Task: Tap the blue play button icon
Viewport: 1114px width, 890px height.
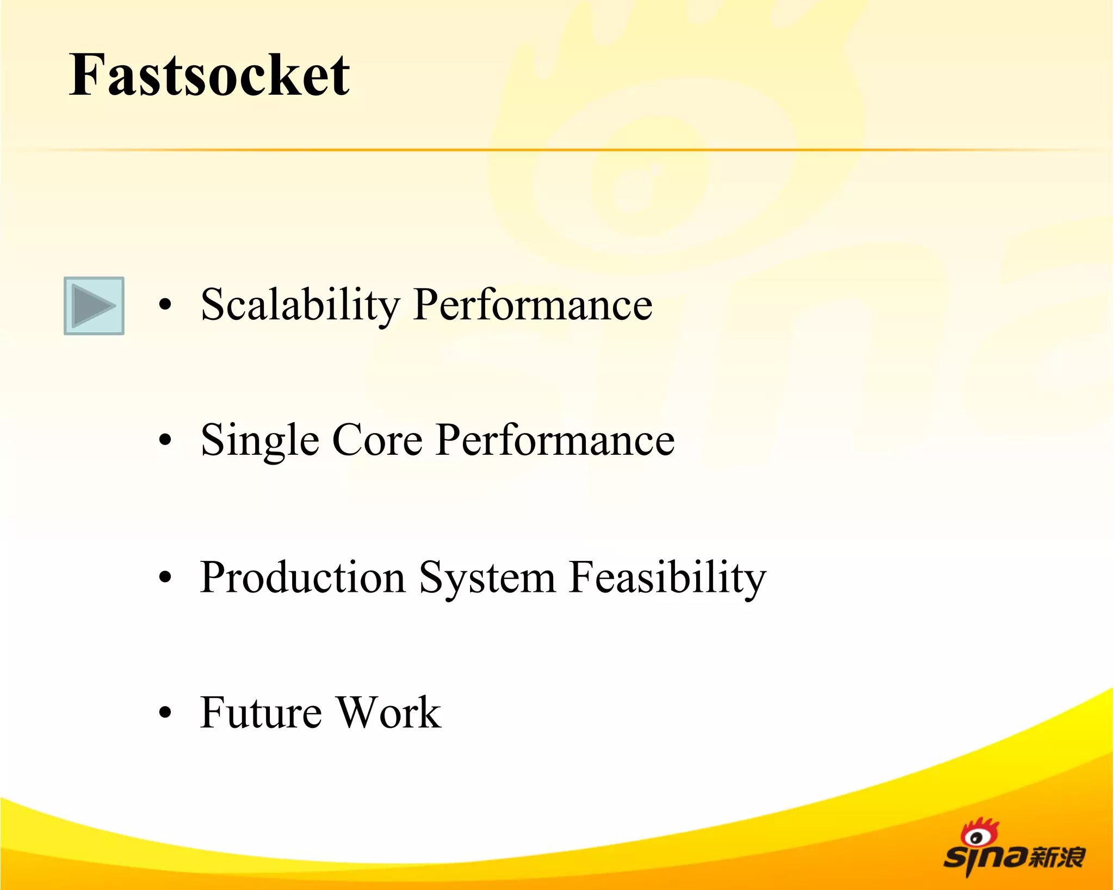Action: pyautogui.click(x=94, y=306)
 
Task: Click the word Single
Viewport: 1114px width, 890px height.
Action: pyautogui.click(x=259, y=441)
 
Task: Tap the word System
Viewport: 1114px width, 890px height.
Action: pyautogui.click(x=487, y=578)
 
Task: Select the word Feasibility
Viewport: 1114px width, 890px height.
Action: pyautogui.click(x=667, y=578)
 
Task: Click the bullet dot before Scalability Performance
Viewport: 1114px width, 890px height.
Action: pyautogui.click(x=165, y=305)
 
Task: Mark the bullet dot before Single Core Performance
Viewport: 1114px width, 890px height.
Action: pyautogui.click(x=165, y=440)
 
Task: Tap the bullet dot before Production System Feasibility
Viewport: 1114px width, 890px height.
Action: pyautogui.click(x=165, y=577)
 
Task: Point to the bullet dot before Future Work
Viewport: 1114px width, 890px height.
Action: pyautogui.click(x=165, y=712)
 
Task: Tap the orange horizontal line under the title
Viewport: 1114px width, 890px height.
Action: pyautogui.click(x=557, y=150)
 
